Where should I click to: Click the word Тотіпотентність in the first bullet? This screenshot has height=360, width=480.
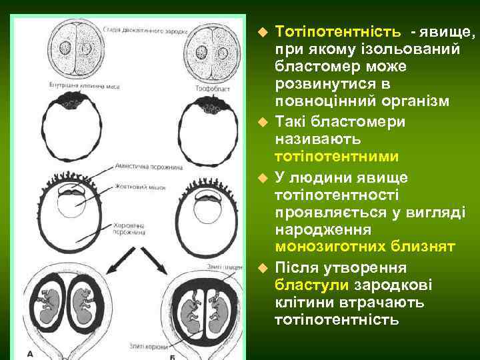pyautogui.click(x=338, y=31)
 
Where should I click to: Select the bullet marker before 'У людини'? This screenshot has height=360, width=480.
pyautogui.click(x=263, y=177)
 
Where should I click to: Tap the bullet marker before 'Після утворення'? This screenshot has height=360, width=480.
pyautogui.click(x=263, y=268)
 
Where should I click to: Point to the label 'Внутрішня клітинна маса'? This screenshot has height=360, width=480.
pyautogui.click(x=84, y=85)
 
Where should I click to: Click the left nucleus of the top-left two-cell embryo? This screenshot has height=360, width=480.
pyautogui.click(x=65, y=49)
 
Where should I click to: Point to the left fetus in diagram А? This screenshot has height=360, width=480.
pyautogui.click(x=48, y=304)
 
